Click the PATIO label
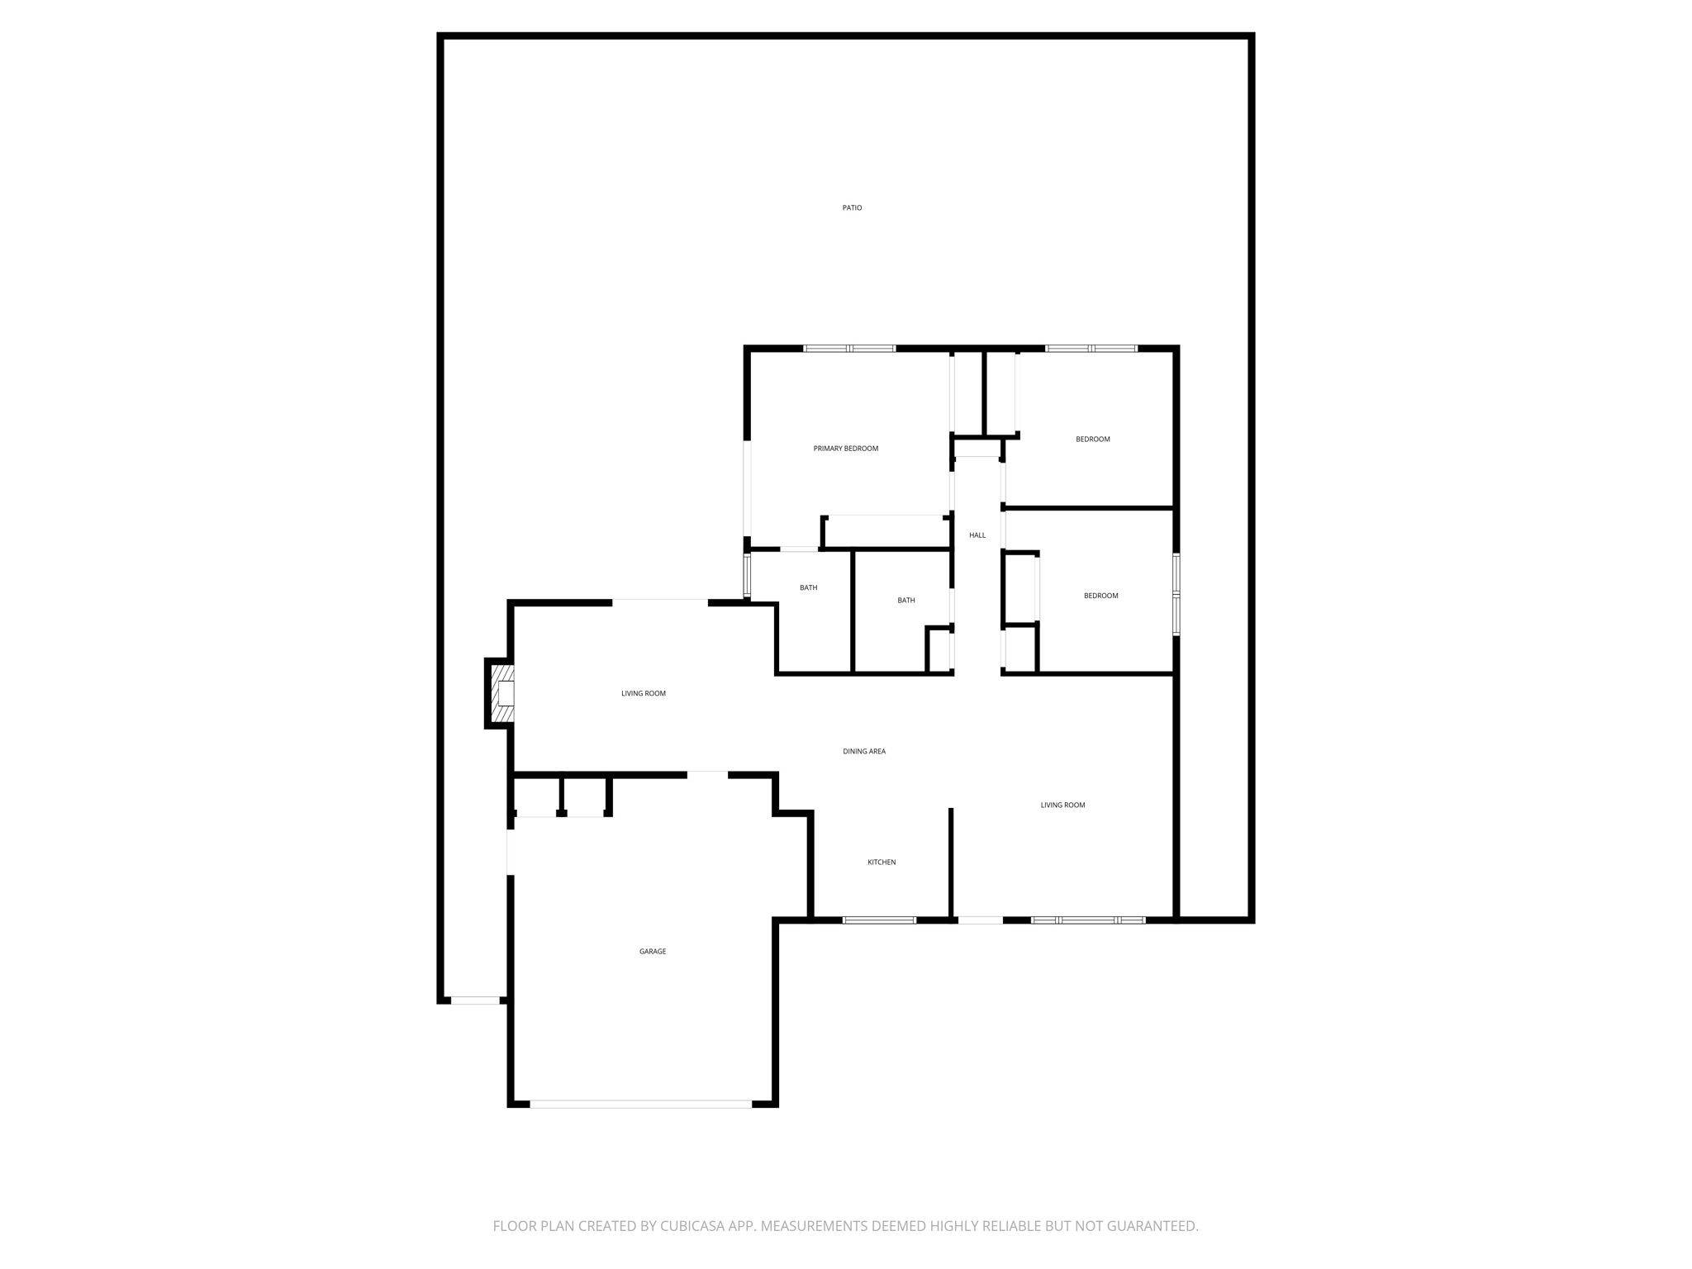[852, 208]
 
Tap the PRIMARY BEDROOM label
[845, 449]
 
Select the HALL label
[977, 535]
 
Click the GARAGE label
[652, 952]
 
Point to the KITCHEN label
[882, 863]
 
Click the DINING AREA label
[864, 752]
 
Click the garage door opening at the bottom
[640, 1104]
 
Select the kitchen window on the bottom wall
[879, 920]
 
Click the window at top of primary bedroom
[849, 349]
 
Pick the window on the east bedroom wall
[1176, 594]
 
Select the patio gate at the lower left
[475, 1000]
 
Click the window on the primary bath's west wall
[747, 575]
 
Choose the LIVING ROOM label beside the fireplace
[644, 694]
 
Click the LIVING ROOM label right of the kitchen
[1062, 806]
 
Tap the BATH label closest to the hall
[906, 601]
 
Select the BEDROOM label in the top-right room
[1092, 440]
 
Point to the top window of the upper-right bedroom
[1091, 349]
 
